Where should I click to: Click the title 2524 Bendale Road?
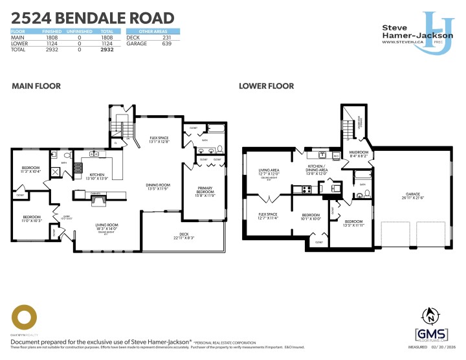[93, 18]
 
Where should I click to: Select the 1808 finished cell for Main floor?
[50, 37]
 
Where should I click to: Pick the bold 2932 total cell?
[107, 49]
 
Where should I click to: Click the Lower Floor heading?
[266, 86]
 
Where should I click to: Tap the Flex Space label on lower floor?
[267, 214]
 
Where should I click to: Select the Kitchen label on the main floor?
[97, 175]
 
